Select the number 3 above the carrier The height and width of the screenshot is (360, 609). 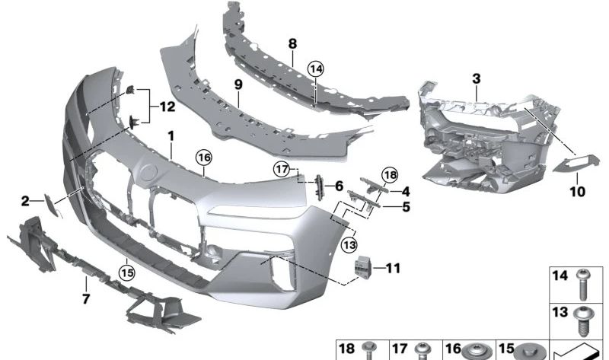(x=476, y=78)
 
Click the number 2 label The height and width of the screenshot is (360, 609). (x=25, y=201)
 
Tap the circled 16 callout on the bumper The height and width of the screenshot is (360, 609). (x=202, y=158)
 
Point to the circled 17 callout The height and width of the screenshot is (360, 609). (x=282, y=168)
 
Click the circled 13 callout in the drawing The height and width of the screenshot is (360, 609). (x=349, y=245)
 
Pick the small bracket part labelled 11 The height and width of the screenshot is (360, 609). (x=363, y=268)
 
